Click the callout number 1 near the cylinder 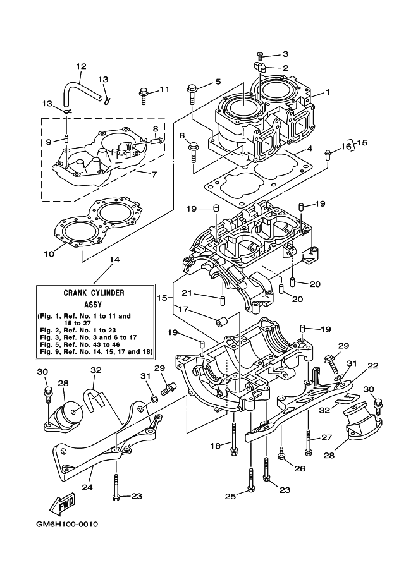(328, 92)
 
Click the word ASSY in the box (93, 303)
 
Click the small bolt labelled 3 (260, 56)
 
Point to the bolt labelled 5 (192, 94)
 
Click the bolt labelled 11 (144, 96)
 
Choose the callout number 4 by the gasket (310, 149)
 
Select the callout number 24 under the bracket (87, 487)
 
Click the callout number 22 (372, 365)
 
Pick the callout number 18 (215, 446)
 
